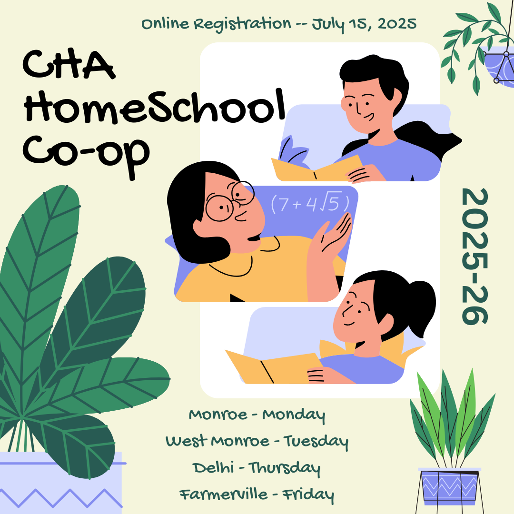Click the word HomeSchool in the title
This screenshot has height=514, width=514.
tap(152, 107)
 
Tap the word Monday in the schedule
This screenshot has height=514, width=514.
tap(294, 415)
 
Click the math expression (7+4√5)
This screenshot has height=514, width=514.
tap(310, 204)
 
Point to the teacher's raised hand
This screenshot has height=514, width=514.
tap(333, 236)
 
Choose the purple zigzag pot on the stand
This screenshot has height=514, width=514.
tap(450, 485)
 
